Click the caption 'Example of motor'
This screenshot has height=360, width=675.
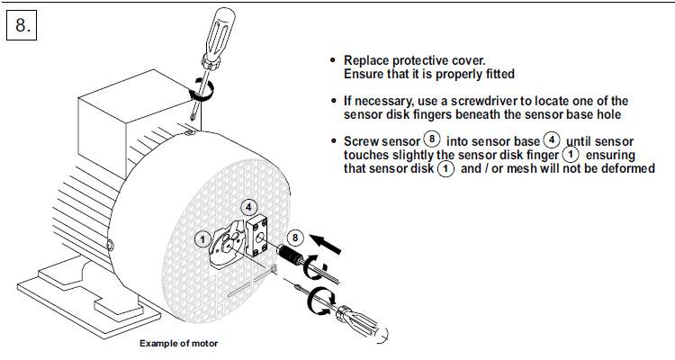pos(178,343)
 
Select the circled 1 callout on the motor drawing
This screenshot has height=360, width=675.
pos(203,238)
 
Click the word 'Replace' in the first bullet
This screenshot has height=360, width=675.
pos(366,61)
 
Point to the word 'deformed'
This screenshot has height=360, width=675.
pos(627,168)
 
